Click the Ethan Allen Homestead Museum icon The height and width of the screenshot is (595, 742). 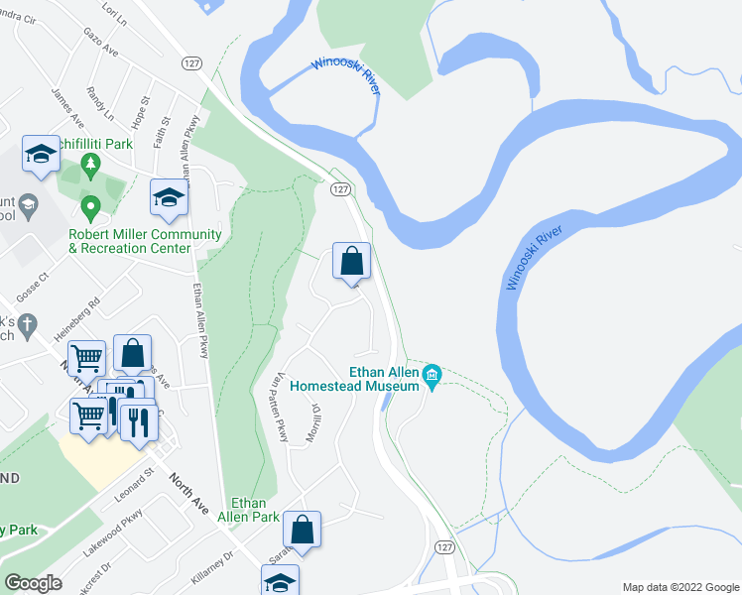(x=432, y=375)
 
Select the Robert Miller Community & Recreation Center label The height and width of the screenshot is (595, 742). (x=130, y=241)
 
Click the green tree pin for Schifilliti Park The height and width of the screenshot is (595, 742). (x=91, y=166)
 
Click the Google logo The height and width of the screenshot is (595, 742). (x=34, y=583)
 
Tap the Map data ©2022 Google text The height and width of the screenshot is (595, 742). (x=680, y=587)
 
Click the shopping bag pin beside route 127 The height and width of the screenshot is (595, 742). (x=351, y=263)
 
